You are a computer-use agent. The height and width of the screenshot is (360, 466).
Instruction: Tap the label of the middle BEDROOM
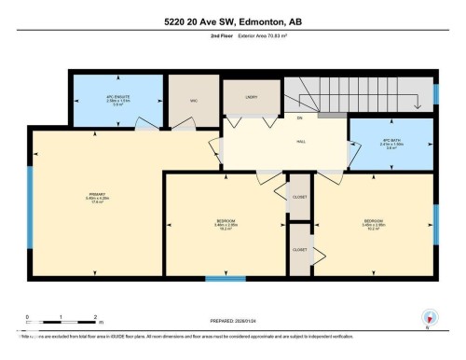[226, 222]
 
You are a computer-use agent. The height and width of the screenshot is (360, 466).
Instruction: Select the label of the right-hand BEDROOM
[374, 222]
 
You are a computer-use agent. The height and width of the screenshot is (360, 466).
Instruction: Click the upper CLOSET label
[300, 198]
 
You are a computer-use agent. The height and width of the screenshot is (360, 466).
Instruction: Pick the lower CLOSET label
[300, 249]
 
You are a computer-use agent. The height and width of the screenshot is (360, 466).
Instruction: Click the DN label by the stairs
[300, 118]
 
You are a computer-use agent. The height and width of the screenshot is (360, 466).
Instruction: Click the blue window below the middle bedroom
[226, 277]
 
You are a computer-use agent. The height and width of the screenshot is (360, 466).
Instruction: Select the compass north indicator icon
[430, 317]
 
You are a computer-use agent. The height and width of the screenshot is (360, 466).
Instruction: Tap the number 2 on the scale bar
[96, 318]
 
